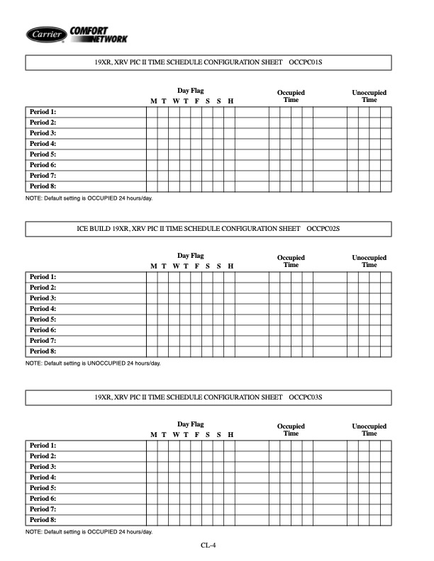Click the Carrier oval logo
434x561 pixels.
tap(47, 33)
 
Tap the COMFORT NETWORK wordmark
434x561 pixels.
tap(99, 33)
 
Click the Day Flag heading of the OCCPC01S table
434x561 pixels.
tap(190, 92)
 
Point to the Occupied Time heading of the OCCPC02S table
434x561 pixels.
tap(291, 261)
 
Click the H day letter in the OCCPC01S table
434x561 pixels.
tap(230, 101)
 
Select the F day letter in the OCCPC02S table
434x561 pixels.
tap(196, 266)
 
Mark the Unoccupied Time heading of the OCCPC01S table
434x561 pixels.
tap(369, 96)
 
